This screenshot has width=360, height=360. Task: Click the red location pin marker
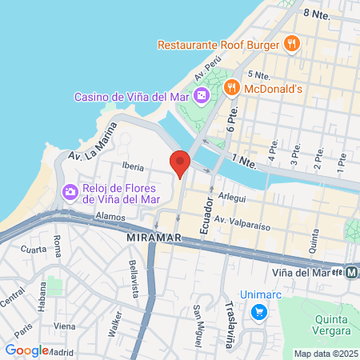coord(180,162)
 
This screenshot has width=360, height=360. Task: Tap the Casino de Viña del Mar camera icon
coord(201,96)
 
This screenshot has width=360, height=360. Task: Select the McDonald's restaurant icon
coord(232,86)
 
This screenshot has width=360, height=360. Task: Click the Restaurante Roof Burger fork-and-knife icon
coord(293,43)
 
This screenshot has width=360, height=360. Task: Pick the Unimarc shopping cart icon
coord(258,312)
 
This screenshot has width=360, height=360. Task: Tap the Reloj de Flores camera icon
coord(70,191)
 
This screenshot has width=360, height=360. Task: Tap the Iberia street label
coord(133,167)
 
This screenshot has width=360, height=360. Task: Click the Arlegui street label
coord(232,196)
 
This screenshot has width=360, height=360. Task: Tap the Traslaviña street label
coord(230,309)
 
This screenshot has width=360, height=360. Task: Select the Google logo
coord(26,350)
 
